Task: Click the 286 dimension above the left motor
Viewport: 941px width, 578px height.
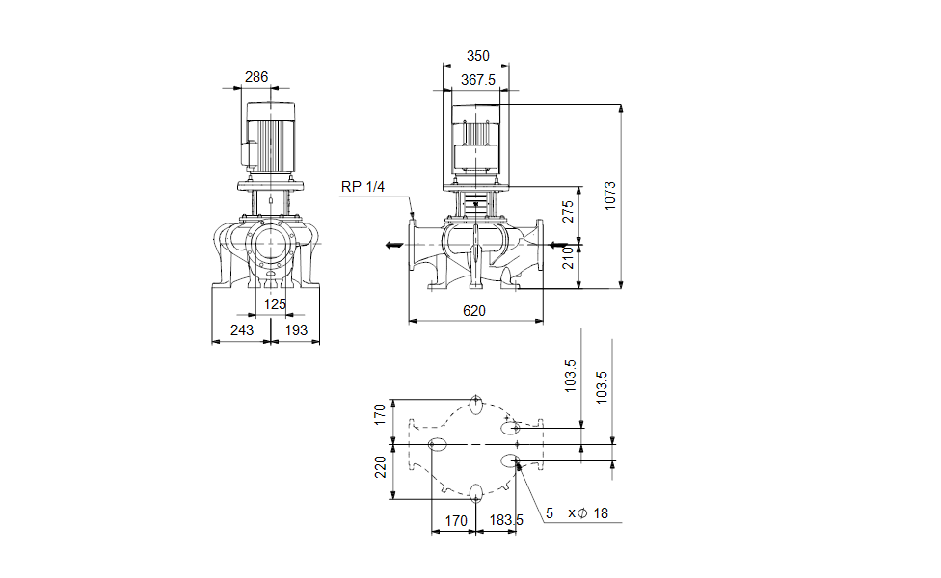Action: tap(255, 77)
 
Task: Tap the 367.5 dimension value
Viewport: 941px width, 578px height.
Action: tap(477, 80)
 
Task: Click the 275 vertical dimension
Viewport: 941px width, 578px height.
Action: tap(568, 212)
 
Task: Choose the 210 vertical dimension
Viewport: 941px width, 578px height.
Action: tap(568, 256)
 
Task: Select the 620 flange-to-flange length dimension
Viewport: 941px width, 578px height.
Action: tap(473, 310)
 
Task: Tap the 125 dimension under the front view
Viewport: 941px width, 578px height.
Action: tap(275, 304)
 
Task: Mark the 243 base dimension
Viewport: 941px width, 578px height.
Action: tap(242, 330)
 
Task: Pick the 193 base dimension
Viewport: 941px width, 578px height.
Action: tap(296, 330)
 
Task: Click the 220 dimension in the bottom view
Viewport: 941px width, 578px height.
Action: tap(380, 467)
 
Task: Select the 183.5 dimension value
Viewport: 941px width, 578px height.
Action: tap(506, 521)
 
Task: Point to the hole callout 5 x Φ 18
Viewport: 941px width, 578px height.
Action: tap(577, 513)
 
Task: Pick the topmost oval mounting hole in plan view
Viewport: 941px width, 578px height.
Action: tap(476, 403)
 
